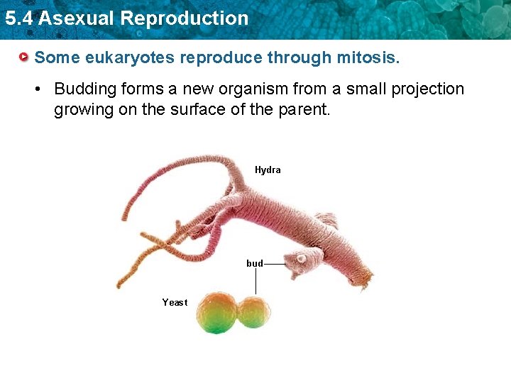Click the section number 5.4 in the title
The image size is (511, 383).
(x=18, y=18)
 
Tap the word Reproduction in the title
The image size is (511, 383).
(x=185, y=18)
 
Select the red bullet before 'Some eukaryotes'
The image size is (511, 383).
(x=25, y=57)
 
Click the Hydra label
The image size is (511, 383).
(x=268, y=170)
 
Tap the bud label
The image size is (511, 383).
(x=254, y=263)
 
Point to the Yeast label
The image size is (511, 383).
(x=175, y=303)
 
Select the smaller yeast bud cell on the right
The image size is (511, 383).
(x=253, y=312)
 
